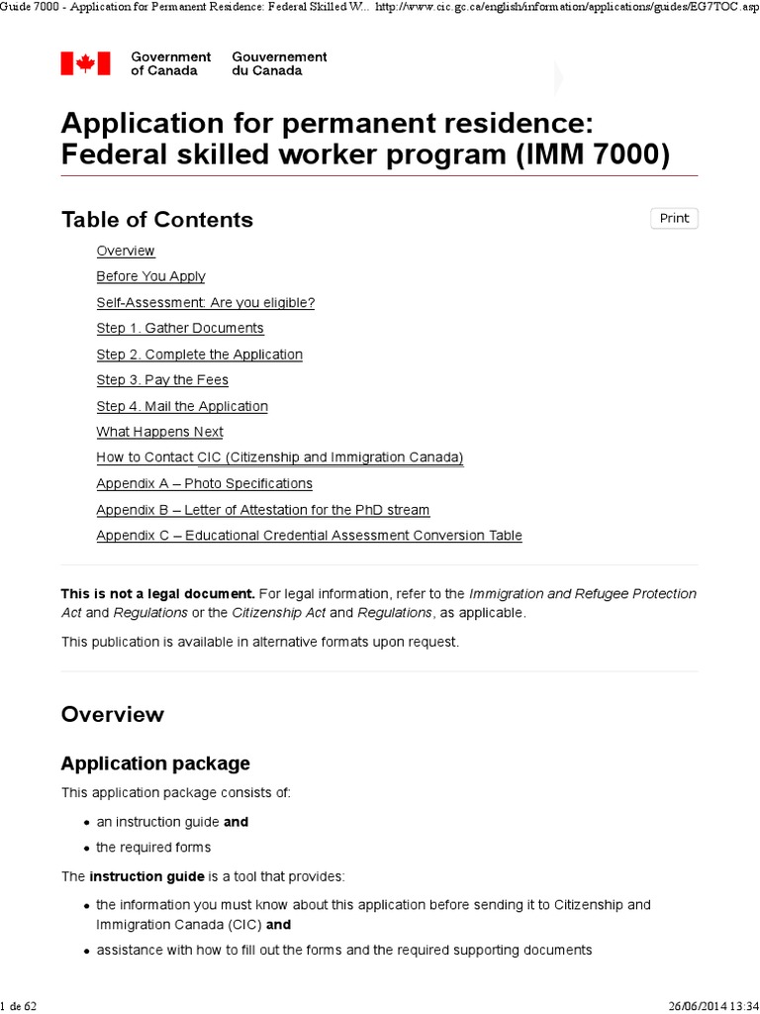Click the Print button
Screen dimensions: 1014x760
674,218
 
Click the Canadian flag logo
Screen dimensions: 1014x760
79,63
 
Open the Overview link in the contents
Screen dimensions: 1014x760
126,251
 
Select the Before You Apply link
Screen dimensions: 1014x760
150,276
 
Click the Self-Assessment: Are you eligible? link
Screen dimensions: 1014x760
205,302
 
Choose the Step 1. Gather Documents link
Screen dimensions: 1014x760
180,328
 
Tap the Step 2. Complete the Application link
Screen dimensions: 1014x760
199,355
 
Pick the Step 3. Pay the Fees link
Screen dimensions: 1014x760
162,380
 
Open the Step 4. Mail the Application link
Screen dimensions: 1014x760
182,406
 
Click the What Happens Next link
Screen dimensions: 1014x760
159,432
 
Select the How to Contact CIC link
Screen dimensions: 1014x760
279,457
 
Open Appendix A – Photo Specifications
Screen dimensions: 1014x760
204,483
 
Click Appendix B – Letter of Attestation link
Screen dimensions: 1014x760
262,510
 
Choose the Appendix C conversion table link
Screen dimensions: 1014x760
309,536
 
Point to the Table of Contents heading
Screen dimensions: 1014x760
157,220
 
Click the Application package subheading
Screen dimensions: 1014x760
155,763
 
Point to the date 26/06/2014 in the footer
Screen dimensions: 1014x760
692,1006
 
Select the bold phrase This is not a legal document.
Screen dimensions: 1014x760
157,594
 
